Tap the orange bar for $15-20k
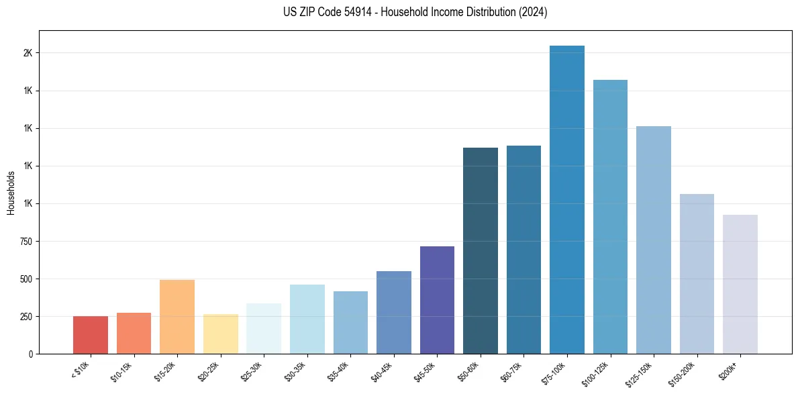click(177, 316)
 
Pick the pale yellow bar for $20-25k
click(220, 334)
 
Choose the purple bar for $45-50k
click(437, 299)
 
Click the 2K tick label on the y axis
click(27, 53)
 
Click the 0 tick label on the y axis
click(30, 354)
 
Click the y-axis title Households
click(11, 192)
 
